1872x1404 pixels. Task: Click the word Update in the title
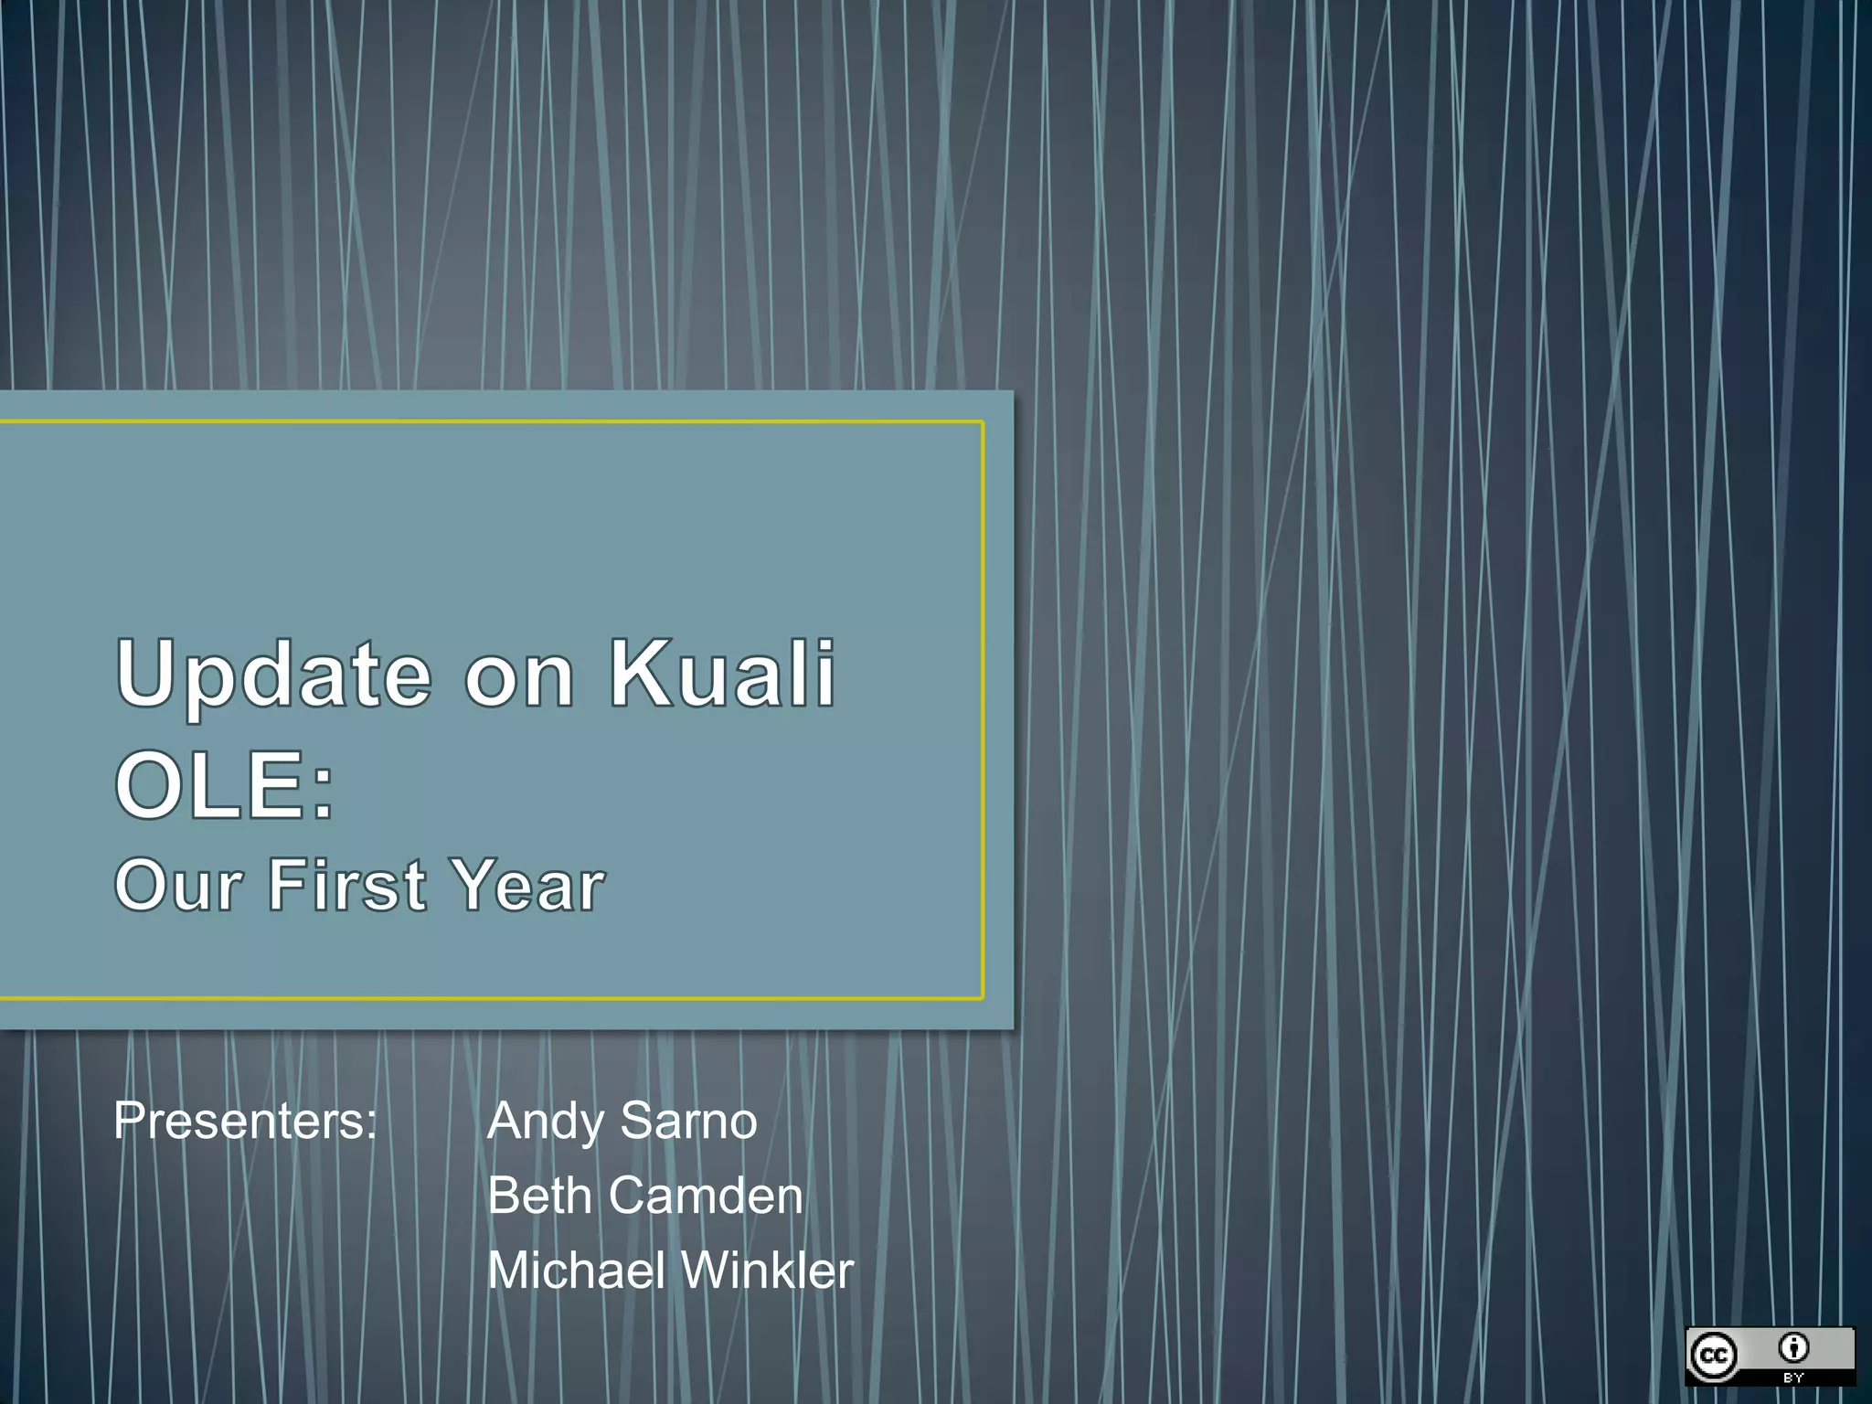point(273,675)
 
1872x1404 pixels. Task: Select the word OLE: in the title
point(225,784)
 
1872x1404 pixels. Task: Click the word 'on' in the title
point(519,678)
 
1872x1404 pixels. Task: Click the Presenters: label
point(245,1121)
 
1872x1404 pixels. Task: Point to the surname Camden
point(706,1196)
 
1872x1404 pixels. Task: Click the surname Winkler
point(767,1271)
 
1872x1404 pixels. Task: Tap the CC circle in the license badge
point(1714,1355)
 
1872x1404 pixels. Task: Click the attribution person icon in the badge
point(1793,1346)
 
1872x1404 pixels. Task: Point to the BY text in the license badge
point(1793,1377)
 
